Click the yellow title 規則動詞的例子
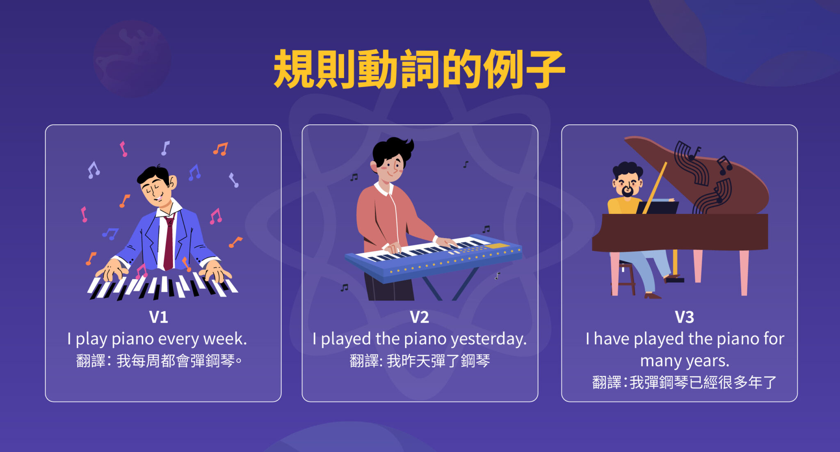pyautogui.click(x=419, y=69)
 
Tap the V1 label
pyautogui.click(x=158, y=317)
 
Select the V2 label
pyautogui.click(x=419, y=317)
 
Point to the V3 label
pyautogui.click(x=684, y=317)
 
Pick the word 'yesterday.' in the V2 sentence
pyautogui.click(x=488, y=340)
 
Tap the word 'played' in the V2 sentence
pyautogui.click(x=346, y=340)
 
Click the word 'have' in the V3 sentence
pyautogui.click(x=611, y=340)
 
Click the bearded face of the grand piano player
pyautogui.click(x=627, y=185)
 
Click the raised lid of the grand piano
pyautogui.click(x=697, y=172)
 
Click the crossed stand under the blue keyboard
pyautogui.click(x=451, y=285)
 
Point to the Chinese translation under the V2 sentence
pyautogui.click(x=420, y=361)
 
